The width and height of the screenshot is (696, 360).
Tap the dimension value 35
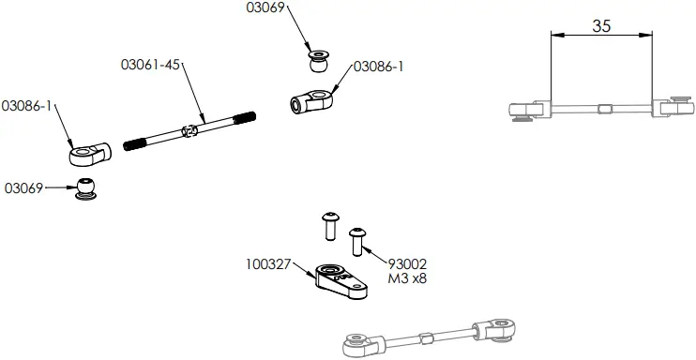[x=601, y=25]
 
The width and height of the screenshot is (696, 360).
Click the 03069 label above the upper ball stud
[x=267, y=8]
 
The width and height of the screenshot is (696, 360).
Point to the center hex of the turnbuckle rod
[x=190, y=130]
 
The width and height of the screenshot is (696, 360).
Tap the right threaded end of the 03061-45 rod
[x=241, y=118]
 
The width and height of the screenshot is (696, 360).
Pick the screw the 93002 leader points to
[x=356, y=241]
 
